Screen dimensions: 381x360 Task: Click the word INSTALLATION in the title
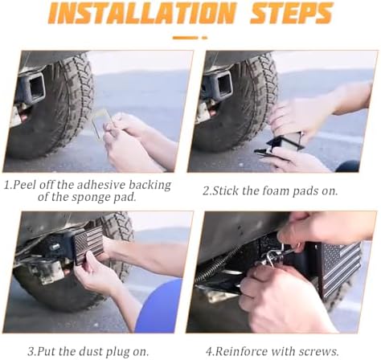(143, 13)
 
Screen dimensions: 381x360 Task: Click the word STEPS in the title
(292, 13)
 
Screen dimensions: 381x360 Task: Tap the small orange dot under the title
(205, 38)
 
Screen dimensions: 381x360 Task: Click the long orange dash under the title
(185, 38)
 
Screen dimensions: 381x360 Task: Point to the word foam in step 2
(276, 190)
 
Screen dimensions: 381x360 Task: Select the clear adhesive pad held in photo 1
(102, 124)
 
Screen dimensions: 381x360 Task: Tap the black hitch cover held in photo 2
(280, 143)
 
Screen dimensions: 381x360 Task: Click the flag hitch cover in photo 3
(88, 245)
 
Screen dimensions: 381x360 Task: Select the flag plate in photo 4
(339, 268)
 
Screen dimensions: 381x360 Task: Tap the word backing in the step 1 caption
(150, 185)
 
